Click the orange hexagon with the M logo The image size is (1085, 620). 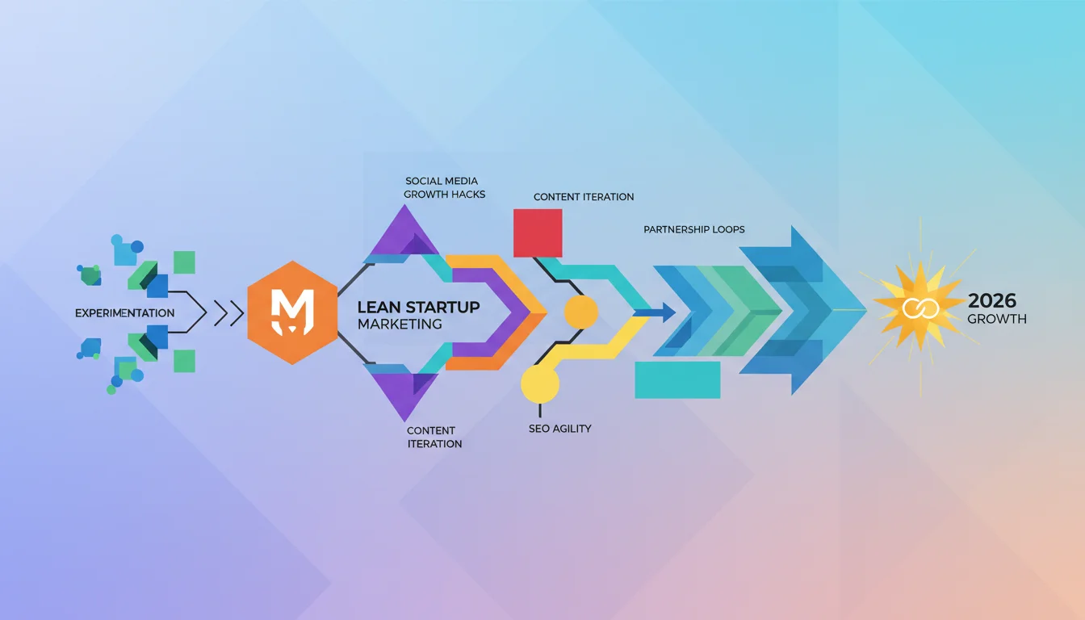click(x=292, y=312)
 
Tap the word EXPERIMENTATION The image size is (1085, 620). click(x=124, y=313)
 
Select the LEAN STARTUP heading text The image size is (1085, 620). click(x=418, y=307)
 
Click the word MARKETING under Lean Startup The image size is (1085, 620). click(x=400, y=324)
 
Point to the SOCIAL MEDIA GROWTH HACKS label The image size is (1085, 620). click(x=444, y=187)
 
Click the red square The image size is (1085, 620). click(x=538, y=233)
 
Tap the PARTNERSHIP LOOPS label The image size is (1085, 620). click(x=693, y=229)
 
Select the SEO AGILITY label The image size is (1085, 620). click(x=560, y=429)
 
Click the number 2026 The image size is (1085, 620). click(x=992, y=301)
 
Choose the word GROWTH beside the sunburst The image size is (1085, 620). click(x=997, y=319)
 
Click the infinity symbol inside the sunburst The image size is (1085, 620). click(x=920, y=308)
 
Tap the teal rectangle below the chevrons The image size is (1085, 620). click(x=677, y=379)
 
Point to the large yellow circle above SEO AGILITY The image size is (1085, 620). click(x=540, y=383)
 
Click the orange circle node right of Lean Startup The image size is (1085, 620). click(x=581, y=312)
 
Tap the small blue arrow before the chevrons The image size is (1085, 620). click(x=655, y=312)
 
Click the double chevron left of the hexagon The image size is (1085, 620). click(x=228, y=313)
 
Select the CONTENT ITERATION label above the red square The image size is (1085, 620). click(x=584, y=197)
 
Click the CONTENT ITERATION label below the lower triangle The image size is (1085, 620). click(x=434, y=437)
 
